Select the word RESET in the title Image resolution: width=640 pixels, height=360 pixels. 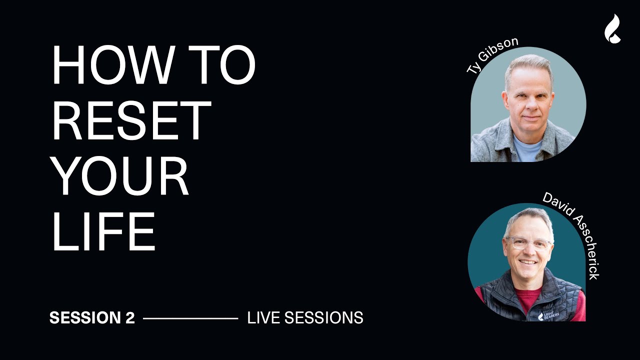pyautogui.click(x=131, y=121)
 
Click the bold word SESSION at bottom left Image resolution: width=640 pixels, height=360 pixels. pyautogui.click(x=84, y=318)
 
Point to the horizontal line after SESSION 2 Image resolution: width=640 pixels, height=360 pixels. pyautogui.click(x=190, y=318)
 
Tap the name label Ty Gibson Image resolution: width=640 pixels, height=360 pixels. pyautogui.click(x=485, y=55)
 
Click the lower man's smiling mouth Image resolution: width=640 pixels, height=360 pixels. pyautogui.click(x=528, y=261)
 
